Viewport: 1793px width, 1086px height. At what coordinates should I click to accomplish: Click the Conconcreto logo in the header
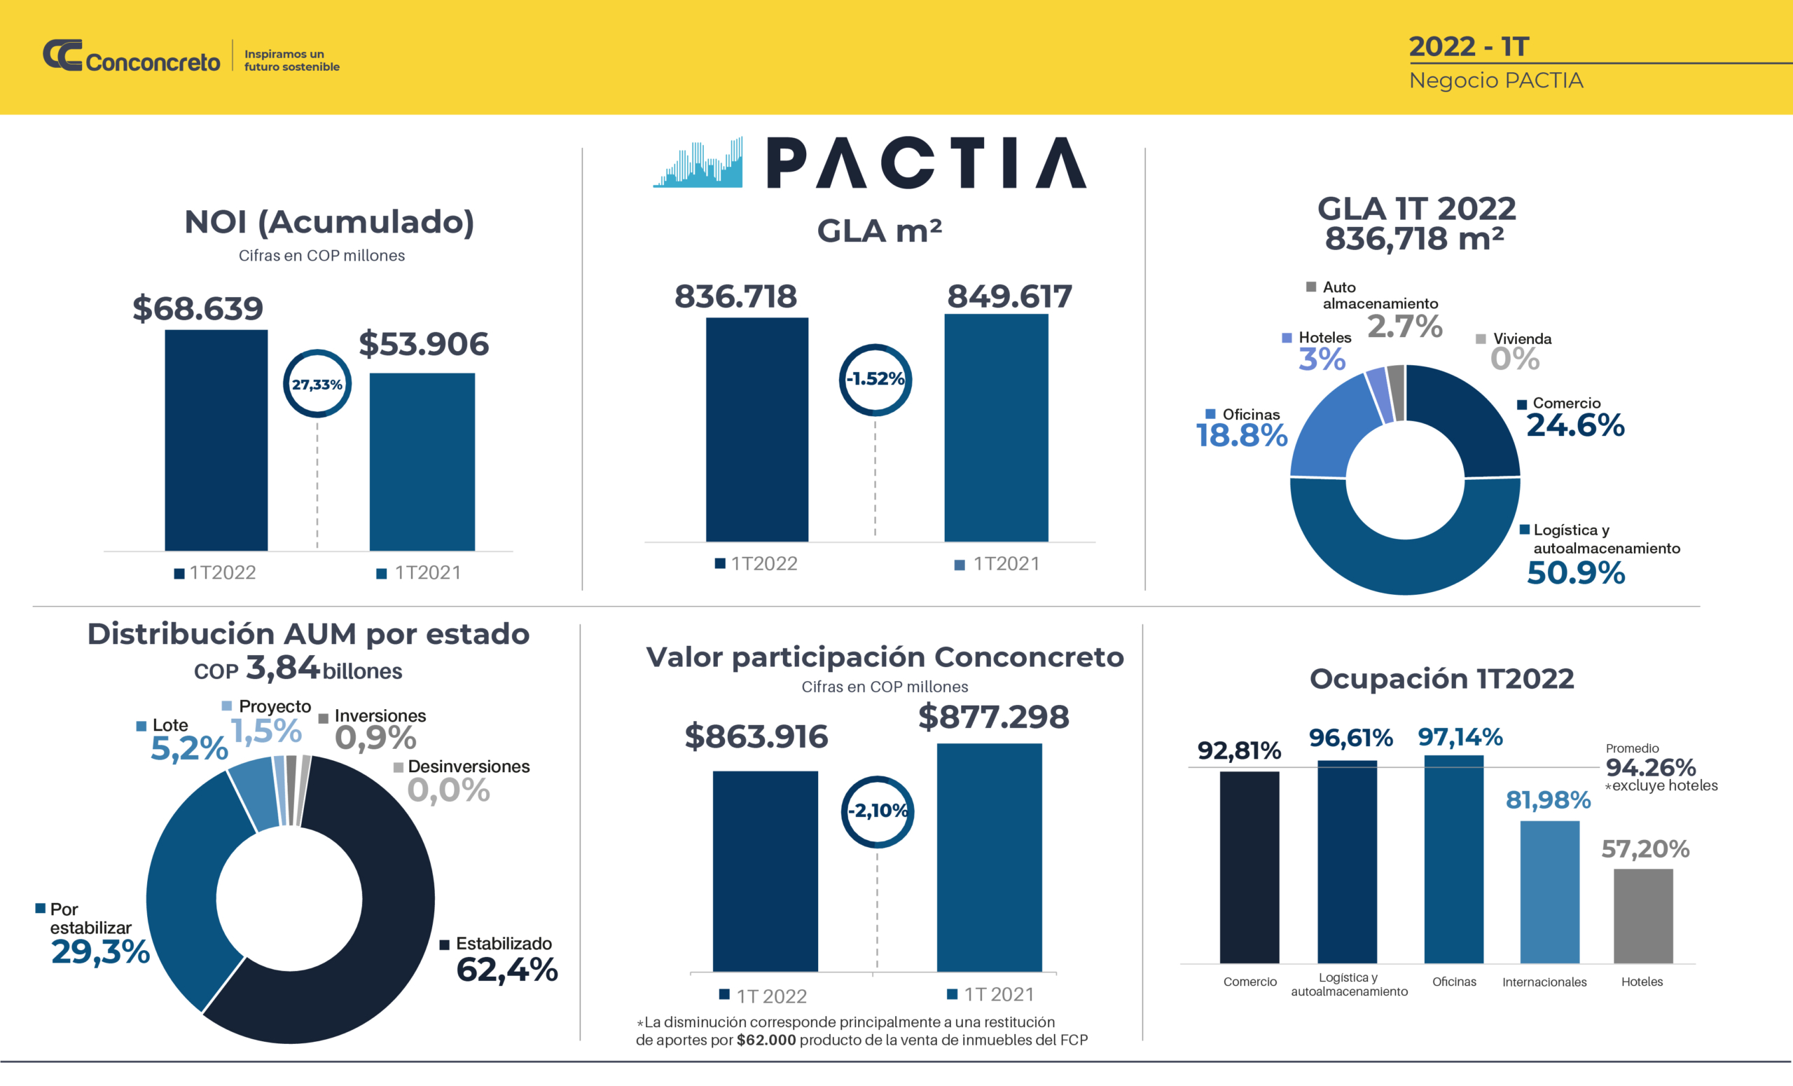coord(131,56)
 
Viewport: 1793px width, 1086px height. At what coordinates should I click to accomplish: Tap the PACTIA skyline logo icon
coord(697,164)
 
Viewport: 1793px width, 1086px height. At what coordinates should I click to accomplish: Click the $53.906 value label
coord(424,343)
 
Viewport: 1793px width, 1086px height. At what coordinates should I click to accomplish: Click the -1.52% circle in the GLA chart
coord(875,379)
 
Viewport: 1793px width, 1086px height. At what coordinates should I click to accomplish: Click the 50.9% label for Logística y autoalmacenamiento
coord(1575,573)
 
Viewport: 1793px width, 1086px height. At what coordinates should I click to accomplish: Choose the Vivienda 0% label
coord(1514,358)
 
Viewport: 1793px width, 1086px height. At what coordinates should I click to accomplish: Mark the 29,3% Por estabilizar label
coord(100,951)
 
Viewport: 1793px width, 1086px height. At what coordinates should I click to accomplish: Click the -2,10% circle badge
coord(878,811)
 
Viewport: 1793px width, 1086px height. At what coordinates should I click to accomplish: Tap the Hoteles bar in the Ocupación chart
coord(1642,916)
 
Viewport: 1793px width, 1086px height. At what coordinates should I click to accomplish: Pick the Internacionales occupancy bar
coord(1549,892)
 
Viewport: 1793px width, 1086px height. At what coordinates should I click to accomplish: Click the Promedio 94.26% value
coord(1650,767)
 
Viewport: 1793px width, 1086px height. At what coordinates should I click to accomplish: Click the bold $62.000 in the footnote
coord(766,1040)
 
